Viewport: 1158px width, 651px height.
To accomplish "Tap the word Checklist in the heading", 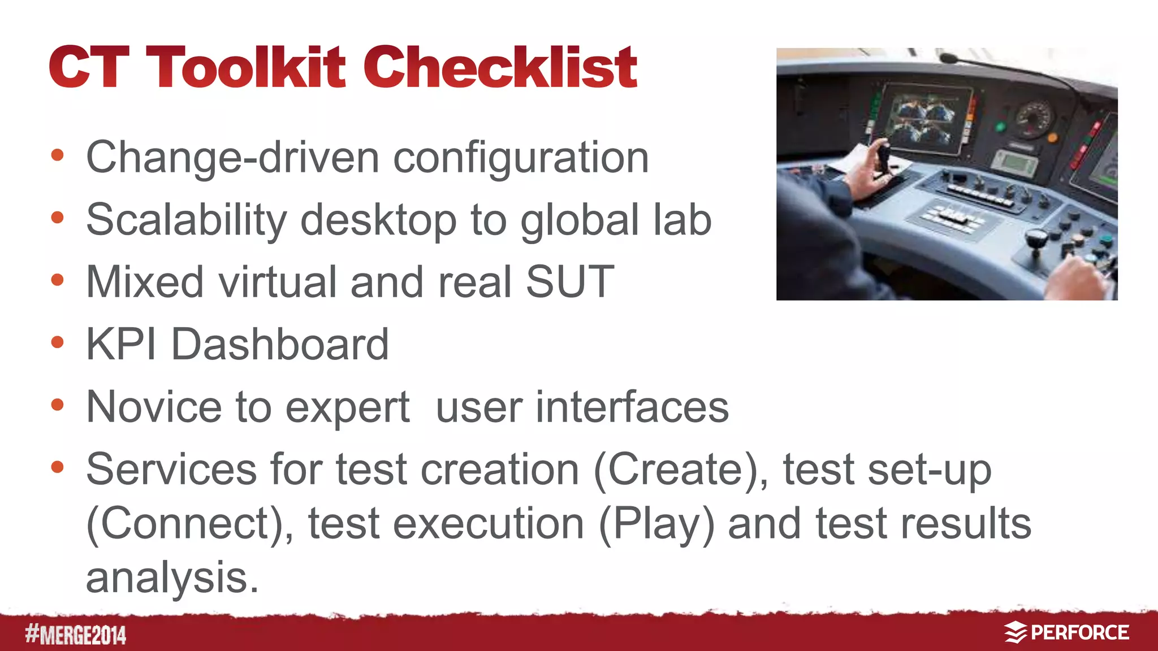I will coord(500,68).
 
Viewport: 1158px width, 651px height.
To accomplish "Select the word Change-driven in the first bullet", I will coord(232,158).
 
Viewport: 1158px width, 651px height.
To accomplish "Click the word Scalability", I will coord(187,220).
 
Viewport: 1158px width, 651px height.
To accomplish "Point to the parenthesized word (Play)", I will coord(656,524).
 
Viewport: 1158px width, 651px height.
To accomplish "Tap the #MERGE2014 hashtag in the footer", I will coord(76,635).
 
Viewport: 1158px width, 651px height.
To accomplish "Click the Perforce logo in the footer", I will coord(1066,632).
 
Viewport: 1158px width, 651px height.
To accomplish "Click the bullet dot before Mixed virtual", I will coord(57,280).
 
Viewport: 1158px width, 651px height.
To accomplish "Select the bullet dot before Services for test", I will coord(57,467).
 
